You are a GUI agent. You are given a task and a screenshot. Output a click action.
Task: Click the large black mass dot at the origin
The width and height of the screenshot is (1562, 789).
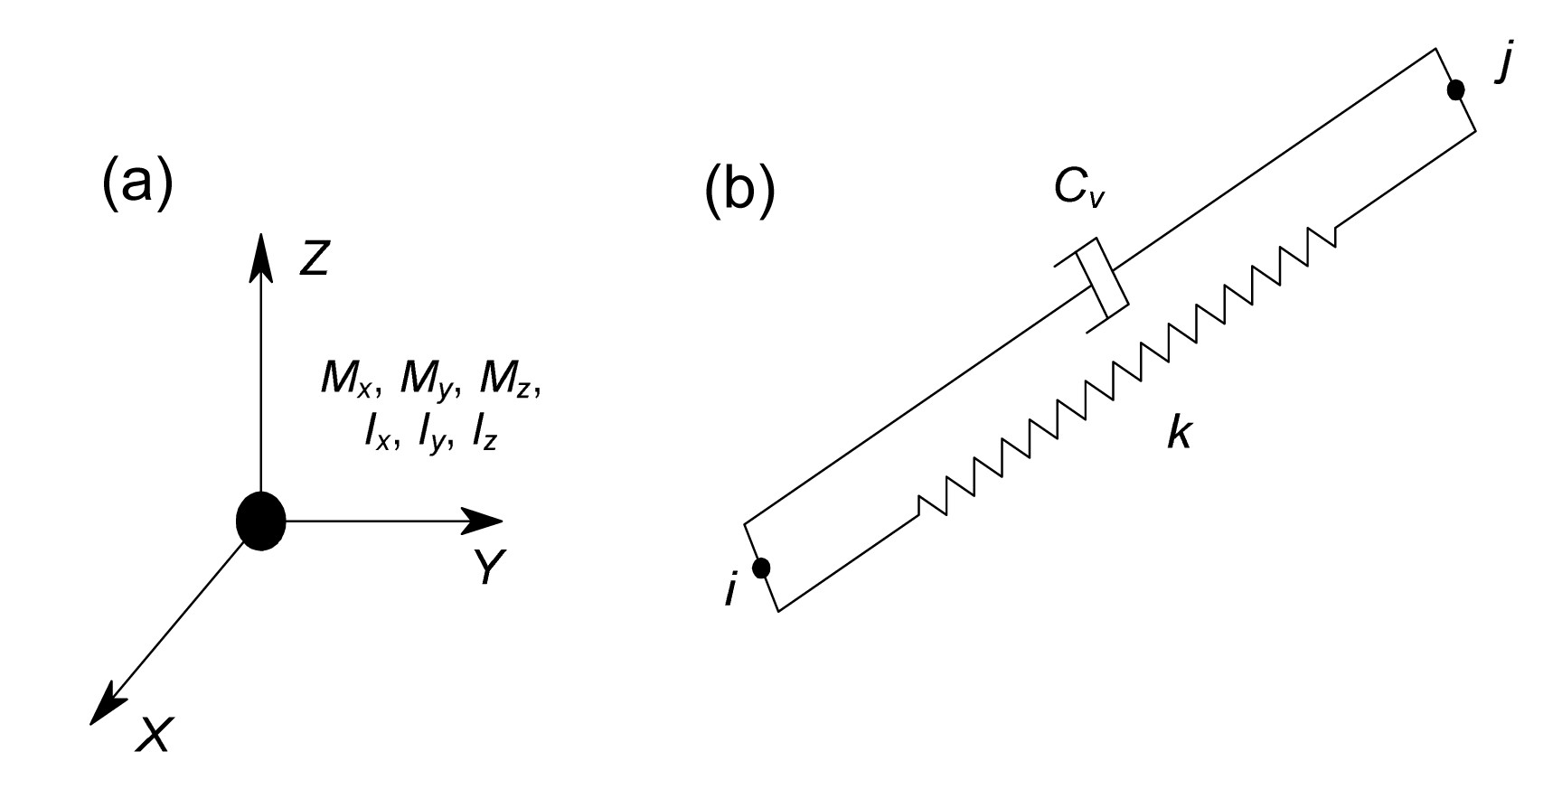(261, 521)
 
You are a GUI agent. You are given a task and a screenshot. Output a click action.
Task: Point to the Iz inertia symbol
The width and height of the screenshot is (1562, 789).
(482, 436)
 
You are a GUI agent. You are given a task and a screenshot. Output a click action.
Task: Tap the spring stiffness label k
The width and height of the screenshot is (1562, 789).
(1178, 435)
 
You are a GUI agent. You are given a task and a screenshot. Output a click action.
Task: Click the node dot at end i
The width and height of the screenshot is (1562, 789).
(761, 568)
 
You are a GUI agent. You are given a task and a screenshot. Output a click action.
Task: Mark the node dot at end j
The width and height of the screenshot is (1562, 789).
(1455, 89)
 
